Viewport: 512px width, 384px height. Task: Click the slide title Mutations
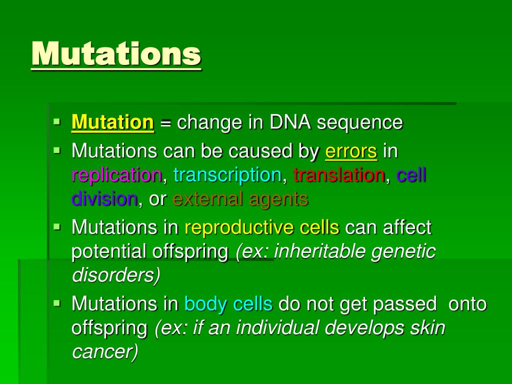[116, 54]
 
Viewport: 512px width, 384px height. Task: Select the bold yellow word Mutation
[112, 123]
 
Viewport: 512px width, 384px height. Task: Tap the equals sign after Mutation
[165, 123]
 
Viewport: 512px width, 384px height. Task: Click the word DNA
[290, 122]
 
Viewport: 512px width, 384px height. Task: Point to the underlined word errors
[351, 151]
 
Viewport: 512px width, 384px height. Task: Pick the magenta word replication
[116, 175]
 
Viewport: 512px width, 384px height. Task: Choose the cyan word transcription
[227, 175]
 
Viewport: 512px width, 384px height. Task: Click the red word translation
[339, 174]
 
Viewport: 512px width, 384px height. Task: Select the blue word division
[104, 199]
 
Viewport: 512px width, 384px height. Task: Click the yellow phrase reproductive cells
[262, 227]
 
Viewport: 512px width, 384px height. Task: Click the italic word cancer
[105, 352]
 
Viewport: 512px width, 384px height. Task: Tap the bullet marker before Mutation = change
[57, 122]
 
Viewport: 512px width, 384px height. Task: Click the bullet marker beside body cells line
[57, 303]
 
